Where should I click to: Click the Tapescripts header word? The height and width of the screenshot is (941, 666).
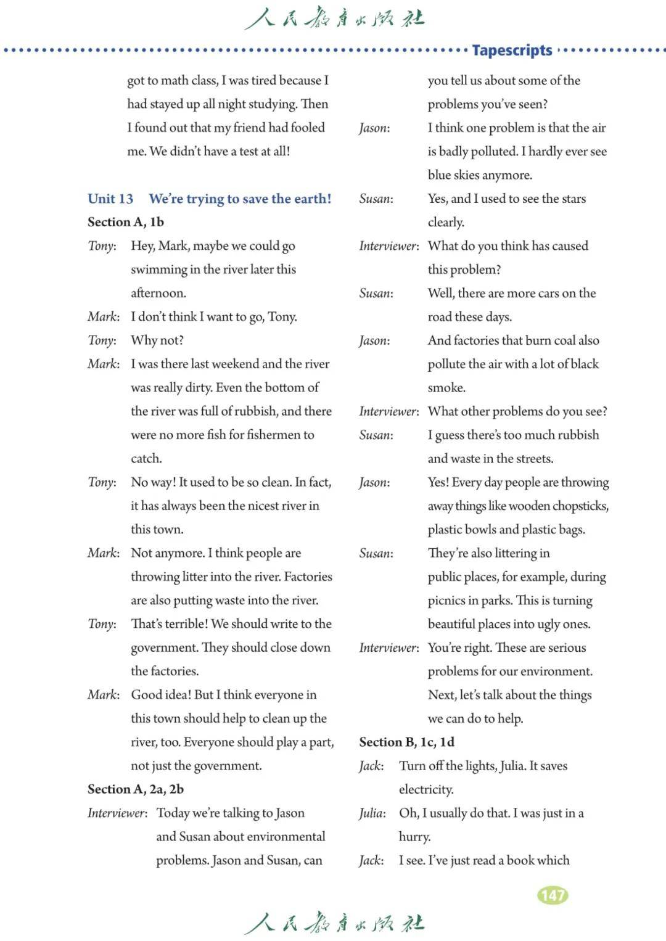click(512, 50)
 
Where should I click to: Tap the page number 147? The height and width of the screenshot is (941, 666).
click(553, 895)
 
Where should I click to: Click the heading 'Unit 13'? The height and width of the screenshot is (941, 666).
click(110, 199)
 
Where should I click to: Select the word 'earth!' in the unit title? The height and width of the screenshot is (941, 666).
click(311, 199)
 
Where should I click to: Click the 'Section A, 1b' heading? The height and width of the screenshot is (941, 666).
click(126, 222)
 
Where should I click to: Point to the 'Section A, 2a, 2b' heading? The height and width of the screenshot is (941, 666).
click(136, 789)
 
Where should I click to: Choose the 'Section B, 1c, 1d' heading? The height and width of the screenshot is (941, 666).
click(407, 742)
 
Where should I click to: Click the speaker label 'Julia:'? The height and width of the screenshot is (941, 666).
click(372, 813)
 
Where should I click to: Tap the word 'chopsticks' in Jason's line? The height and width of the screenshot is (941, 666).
click(580, 506)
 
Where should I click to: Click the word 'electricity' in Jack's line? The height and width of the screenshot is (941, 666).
click(425, 790)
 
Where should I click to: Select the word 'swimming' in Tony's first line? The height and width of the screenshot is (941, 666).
click(158, 270)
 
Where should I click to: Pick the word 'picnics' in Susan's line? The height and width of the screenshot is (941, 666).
click(447, 601)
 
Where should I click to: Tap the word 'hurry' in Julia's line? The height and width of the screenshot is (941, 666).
click(414, 837)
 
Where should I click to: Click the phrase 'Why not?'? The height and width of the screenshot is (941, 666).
click(157, 340)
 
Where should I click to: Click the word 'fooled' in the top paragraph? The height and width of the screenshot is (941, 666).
click(308, 128)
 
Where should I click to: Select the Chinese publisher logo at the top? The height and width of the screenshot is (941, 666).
click(334, 18)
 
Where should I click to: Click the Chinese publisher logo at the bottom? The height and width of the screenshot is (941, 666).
click(334, 923)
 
